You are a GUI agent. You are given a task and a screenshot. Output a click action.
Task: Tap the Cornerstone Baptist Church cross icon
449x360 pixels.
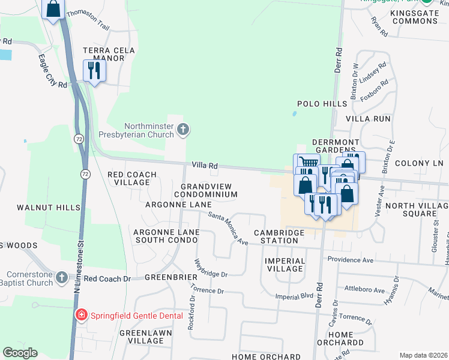click(x=62, y=277)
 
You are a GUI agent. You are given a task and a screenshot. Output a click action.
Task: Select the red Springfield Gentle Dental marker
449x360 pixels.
click(x=80, y=314)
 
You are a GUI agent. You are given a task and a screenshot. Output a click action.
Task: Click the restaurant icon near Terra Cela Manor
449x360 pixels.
click(x=94, y=70)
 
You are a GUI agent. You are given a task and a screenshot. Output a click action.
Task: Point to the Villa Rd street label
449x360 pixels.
click(x=204, y=165)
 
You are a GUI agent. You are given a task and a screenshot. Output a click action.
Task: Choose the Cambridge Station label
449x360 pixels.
click(x=276, y=236)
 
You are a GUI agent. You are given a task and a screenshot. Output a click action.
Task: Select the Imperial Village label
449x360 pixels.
click(x=285, y=265)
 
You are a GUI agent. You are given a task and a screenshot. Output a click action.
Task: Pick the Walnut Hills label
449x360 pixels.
click(x=49, y=208)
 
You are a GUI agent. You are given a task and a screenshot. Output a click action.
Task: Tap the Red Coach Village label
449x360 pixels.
click(x=131, y=178)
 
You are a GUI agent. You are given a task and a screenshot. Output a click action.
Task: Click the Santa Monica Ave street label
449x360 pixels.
click(x=228, y=229)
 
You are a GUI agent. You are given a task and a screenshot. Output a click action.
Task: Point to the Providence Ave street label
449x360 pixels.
click(x=350, y=260)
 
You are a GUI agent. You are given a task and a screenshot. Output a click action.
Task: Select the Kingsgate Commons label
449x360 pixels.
click(x=414, y=17)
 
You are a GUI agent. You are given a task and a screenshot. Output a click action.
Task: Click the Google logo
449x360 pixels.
click(x=20, y=353)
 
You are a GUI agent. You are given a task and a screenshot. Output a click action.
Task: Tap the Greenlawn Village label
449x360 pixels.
click(x=142, y=337)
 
